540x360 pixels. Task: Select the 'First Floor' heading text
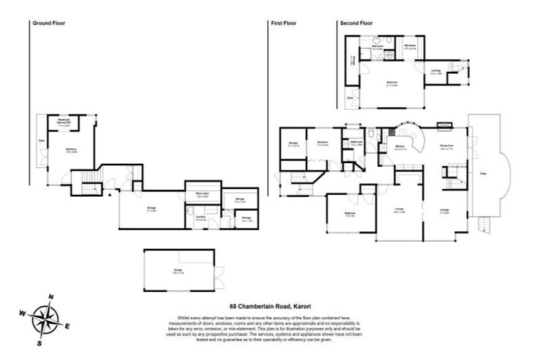(284, 23)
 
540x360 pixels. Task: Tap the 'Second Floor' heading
(356, 23)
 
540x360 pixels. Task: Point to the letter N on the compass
(51, 297)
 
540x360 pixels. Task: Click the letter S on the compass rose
(40, 343)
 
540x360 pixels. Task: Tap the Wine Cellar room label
(201, 195)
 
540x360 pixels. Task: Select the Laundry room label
(200, 219)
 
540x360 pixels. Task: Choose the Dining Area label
(446, 147)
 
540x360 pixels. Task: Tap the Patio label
(484, 172)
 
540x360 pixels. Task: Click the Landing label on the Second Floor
(436, 70)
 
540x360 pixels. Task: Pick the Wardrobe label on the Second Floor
(411, 46)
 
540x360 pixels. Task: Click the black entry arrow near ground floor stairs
(110, 195)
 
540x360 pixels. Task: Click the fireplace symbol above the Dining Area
(444, 127)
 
